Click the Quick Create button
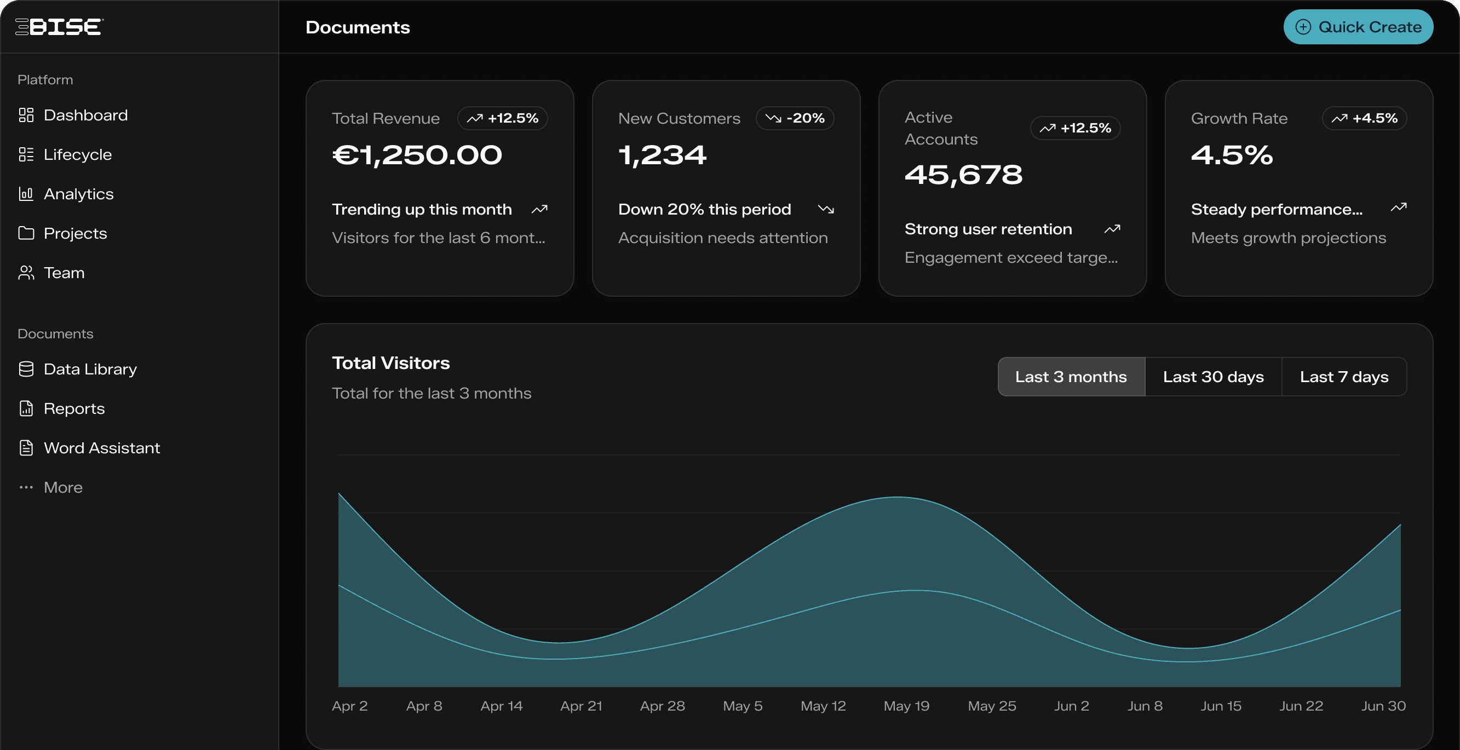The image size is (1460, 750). (x=1358, y=27)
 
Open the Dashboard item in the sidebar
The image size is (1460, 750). (x=85, y=115)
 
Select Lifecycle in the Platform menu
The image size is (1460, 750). (x=77, y=154)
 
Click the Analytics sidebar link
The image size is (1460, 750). (x=78, y=194)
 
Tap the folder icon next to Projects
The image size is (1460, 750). (x=26, y=233)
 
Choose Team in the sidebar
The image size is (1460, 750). (x=64, y=273)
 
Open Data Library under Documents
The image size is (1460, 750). (x=90, y=370)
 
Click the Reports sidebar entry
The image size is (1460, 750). (x=74, y=408)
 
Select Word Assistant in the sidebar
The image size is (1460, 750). (x=101, y=448)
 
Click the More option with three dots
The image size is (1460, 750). (x=62, y=487)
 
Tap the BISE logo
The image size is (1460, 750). (x=59, y=27)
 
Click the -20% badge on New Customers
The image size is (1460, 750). (x=795, y=118)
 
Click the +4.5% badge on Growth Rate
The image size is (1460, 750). (x=1364, y=118)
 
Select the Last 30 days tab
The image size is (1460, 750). (x=1213, y=377)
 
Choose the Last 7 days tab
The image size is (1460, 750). (x=1344, y=377)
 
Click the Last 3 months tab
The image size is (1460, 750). (x=1071, y=377)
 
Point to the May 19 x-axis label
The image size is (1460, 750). (x=906, y=706)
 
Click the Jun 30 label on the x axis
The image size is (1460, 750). (x=1383, y=706)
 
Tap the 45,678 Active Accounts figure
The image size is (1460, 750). (x=963, y=175)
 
